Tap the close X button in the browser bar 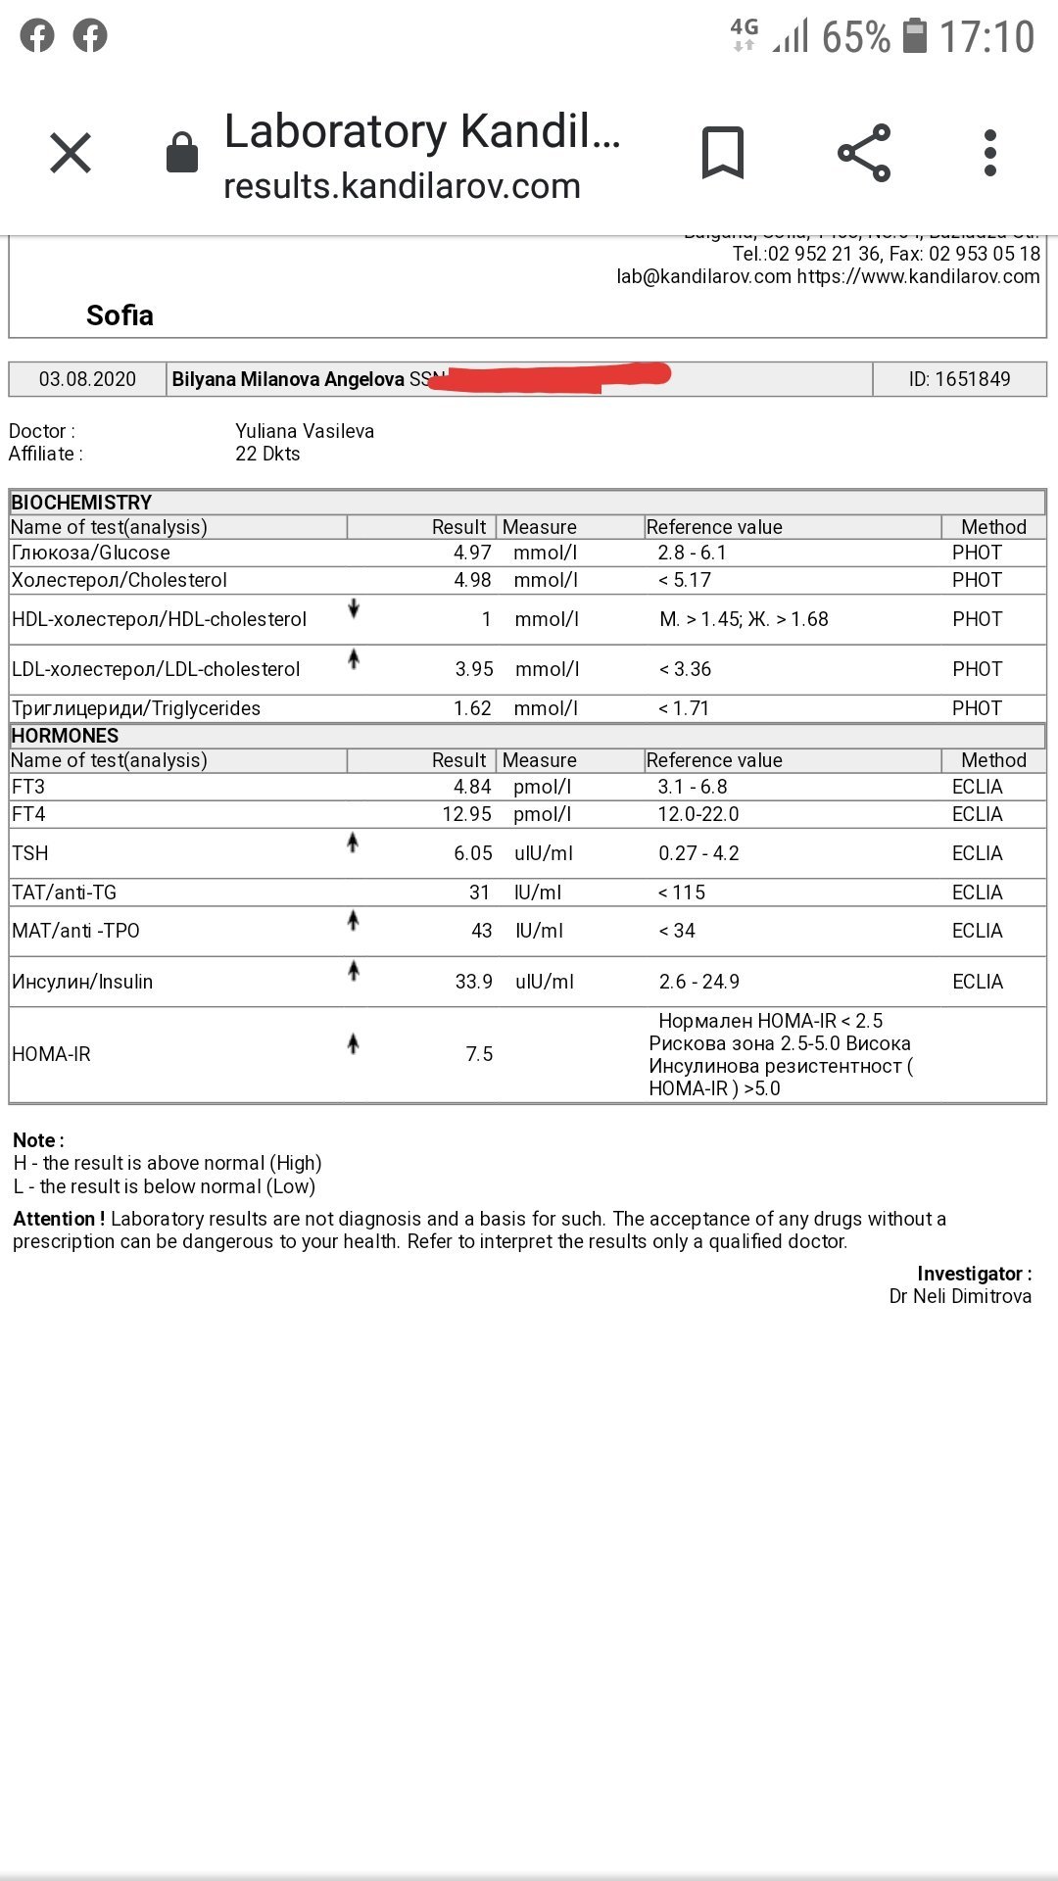click(x=71, y=154)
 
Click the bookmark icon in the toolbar click(x=723, y=153)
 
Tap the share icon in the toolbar click(x=864, y=153)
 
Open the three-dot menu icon click(x=990, y=153)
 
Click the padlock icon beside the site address click(x=182, y=153)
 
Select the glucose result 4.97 click(x=472, y=554)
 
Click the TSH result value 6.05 click(x=473, y=853)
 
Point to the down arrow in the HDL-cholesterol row click(x=354, y=609)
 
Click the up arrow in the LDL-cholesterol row click(x=354, y=659)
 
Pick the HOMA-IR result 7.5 click(x=479, y=1054)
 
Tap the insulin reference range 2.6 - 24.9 click(x=699, y=982)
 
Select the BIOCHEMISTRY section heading click(x=81, y=503)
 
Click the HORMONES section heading click(x=65, y=736)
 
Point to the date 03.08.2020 click(x=87, y=379)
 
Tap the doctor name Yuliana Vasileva click(x=305, y=431)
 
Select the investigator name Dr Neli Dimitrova click(x=960, y=1296)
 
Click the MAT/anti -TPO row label click(x=75, y=931)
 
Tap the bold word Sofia click(x=120, y=315)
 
